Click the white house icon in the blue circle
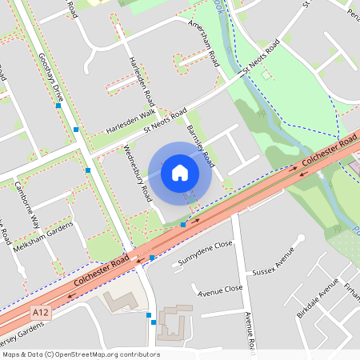pos(180,172)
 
